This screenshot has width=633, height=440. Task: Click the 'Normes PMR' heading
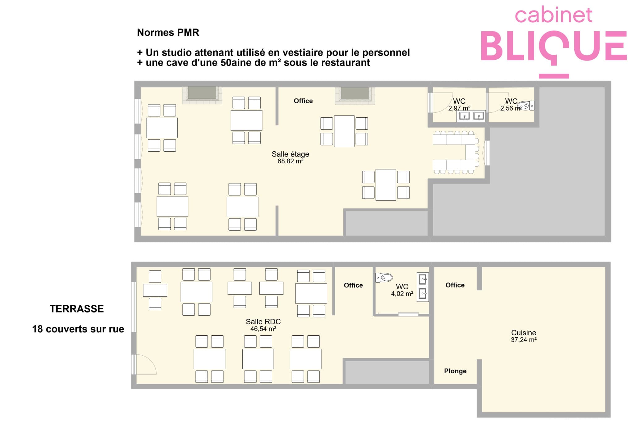point(168,32)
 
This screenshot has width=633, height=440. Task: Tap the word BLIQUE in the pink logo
point(554,46)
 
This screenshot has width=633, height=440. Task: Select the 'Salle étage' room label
point(290,154)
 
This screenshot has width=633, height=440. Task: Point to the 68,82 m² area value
point(290,161)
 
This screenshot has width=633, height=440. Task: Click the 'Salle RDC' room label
point(263,321)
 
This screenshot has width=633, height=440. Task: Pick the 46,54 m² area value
point(263,329)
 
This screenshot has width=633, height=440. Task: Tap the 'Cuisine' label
point(524,333)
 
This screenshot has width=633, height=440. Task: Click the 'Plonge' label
point(455,371)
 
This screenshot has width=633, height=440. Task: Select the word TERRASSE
point(77,309)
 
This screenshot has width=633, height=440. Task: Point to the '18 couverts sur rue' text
point(78,329)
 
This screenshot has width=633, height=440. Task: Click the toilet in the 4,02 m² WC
point(384,278)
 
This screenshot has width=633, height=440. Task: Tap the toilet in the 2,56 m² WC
point(525,106)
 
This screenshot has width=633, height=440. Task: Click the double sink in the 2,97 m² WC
point(471,116)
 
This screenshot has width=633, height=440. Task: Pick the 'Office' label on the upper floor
point(303,101)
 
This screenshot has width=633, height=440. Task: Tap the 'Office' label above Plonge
point(455,285)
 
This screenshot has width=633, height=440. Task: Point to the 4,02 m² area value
point(402,294)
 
